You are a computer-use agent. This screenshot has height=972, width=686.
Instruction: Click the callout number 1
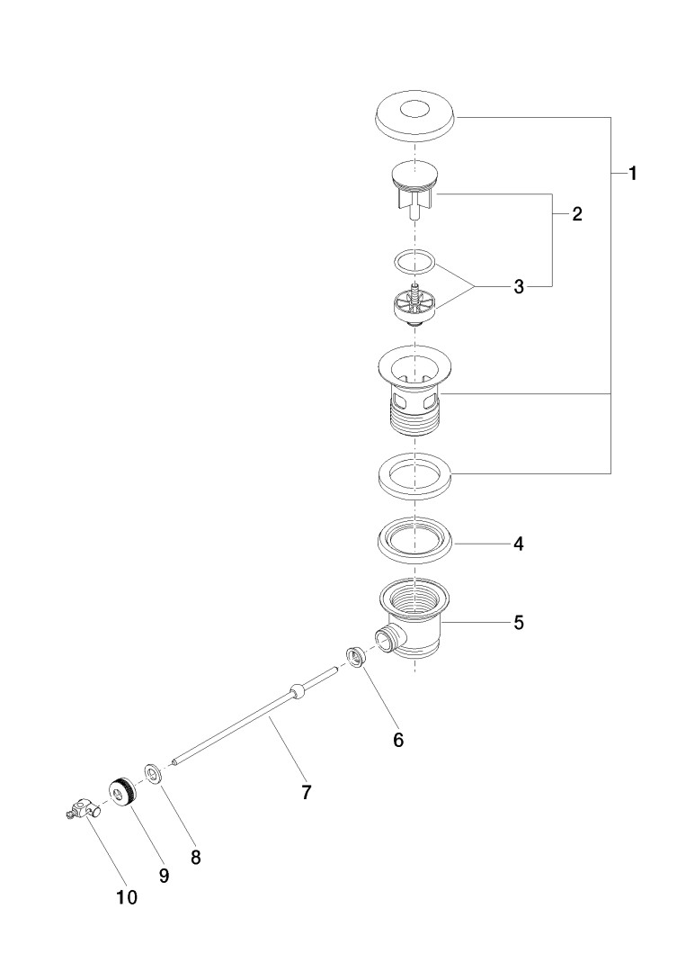coord(633,175)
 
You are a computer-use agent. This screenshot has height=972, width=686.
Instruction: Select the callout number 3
coord(519,287)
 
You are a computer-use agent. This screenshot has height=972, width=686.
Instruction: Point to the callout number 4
coord(519,544)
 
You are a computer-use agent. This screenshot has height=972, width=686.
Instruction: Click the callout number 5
coord(519,622)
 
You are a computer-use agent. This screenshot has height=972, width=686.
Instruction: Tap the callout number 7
coord(306,792)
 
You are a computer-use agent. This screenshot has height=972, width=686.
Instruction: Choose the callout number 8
coord(195,857)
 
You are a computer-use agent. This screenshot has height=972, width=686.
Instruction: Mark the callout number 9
coord(164,875)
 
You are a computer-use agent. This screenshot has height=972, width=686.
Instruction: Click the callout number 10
coord(127,897)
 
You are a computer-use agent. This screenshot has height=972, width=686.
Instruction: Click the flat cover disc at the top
coord(414,118)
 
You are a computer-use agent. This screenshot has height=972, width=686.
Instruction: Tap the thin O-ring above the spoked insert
coord(414,263)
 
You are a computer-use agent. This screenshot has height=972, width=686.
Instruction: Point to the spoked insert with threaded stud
coord(414,305)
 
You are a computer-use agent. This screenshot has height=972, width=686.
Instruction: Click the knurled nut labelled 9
coord(120,793)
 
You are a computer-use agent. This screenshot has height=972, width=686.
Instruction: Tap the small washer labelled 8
coord(153,773)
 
